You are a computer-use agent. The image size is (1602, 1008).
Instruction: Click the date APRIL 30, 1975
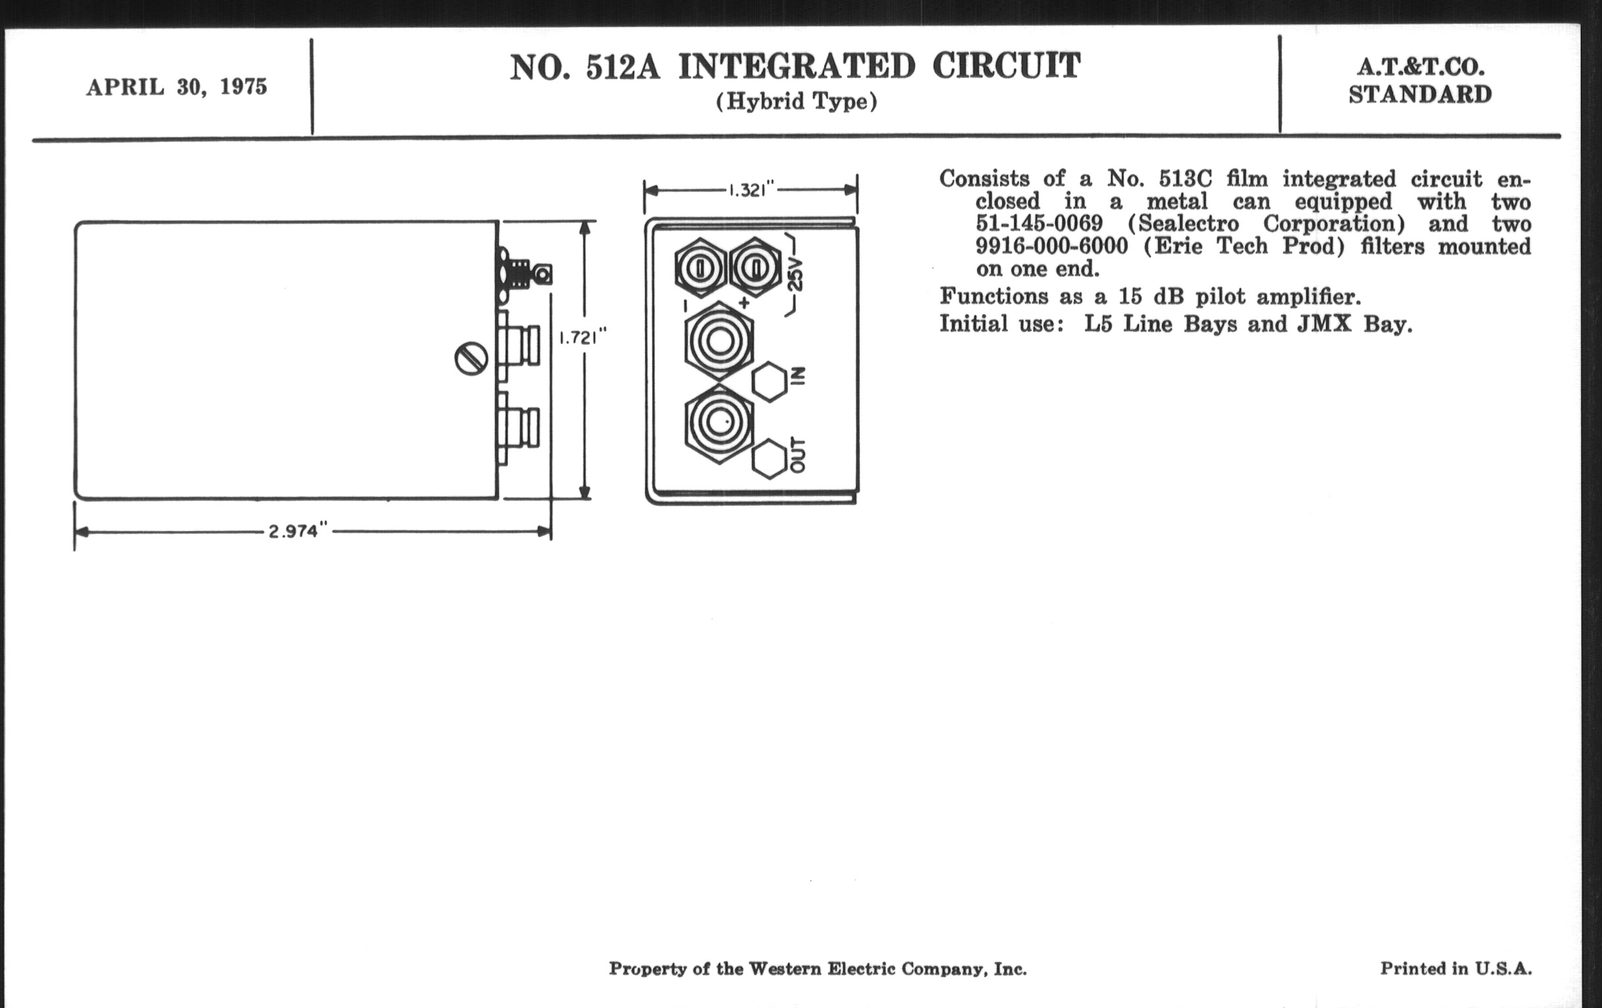point(177,87)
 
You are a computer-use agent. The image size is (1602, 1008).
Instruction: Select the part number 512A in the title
point(622,67)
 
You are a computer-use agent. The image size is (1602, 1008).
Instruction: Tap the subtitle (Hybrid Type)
point(796,102)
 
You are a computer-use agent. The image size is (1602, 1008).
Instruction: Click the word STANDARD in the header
point(1420,94)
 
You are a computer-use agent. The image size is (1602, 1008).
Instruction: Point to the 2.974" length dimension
point(298,531)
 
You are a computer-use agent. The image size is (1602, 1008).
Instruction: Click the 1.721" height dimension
point(582,337)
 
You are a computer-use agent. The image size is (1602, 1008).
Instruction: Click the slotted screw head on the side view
point(471,358)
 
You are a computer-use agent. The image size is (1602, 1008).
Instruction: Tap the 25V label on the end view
point(795,274)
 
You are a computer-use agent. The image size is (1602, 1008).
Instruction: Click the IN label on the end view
point(799,376)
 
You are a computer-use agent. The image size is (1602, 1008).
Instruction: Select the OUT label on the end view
point(798,455)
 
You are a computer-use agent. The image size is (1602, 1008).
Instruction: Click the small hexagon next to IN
point(770,382)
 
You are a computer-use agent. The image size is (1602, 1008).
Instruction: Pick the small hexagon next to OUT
point(770,459)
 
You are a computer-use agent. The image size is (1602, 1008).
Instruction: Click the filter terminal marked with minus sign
point(700,268)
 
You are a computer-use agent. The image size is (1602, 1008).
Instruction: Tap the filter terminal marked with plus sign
point(756,268)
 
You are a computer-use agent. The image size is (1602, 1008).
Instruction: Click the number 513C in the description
point(1186,179)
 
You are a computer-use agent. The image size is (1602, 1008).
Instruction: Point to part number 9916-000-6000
point(1052,246)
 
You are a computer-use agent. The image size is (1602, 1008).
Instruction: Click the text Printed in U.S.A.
point(1456,968)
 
